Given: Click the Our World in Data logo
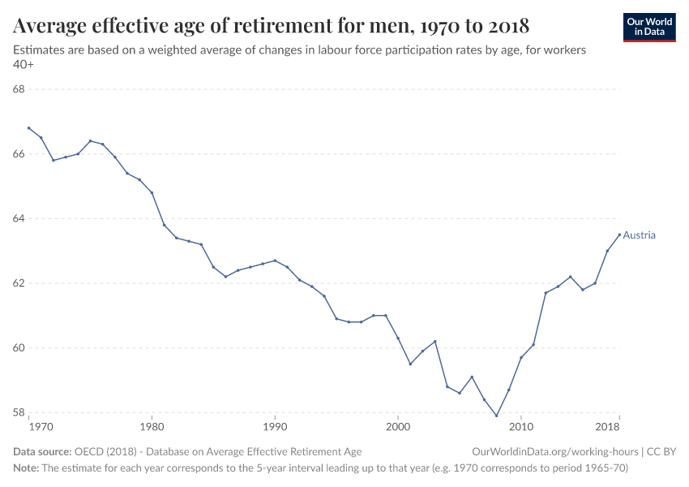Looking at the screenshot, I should (648, 27).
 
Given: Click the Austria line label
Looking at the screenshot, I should (639, 235).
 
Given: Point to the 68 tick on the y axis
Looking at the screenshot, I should (20, 89).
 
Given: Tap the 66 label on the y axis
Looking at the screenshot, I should (20, 154).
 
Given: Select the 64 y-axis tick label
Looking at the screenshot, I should (20, 219).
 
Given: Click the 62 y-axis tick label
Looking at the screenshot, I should (20, 283).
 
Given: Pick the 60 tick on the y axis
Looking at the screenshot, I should (20, 348).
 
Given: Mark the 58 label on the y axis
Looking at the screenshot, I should (20, 413).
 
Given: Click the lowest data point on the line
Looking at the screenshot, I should (496, 416).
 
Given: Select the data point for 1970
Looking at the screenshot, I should (28, 128).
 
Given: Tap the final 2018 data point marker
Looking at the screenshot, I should (619, 235).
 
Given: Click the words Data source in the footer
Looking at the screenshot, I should (42, 451).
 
